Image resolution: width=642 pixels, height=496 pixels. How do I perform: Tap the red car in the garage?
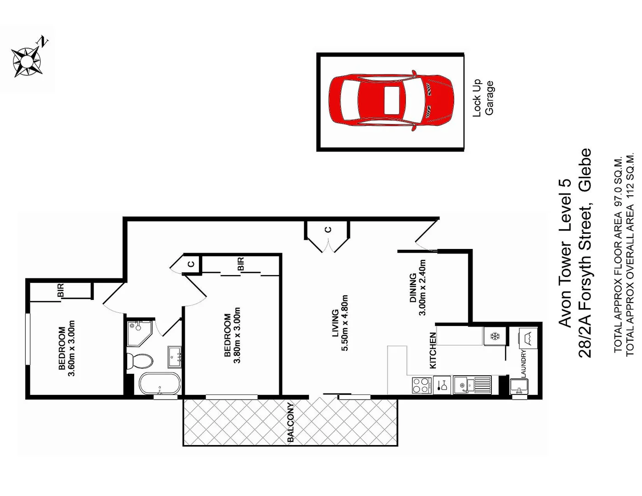point(391,101)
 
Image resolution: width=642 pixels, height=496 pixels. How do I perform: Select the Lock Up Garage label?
point(483,98)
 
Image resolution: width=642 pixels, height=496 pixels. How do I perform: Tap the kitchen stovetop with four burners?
point(422,384)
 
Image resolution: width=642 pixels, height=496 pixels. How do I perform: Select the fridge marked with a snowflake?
point(495,336)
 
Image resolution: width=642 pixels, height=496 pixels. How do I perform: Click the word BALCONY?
point(290,423)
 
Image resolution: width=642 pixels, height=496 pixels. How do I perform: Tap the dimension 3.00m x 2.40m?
point(422,287)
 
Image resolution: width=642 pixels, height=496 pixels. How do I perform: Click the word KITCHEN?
point(432,350)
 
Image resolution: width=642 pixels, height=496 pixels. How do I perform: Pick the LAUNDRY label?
point(523,363)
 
